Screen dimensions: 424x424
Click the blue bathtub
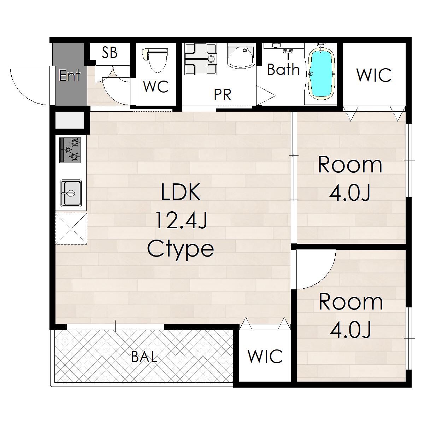click(x=322, y=73)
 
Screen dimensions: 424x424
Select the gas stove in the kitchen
click(x=70, y=150)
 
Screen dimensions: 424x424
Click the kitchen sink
click(x=71, y=193)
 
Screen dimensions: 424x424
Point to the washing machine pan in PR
click(x=200, y=59)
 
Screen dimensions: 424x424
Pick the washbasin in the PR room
click(x=241, y=56)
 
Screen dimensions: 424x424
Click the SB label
click(x=110, y=53)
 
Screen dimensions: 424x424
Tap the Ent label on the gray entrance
click(x=70, y=75)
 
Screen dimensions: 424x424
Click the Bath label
click(x=284, y=69)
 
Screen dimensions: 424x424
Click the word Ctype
click(x=181, y=250)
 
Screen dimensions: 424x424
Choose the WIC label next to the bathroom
click(x=374, y=75)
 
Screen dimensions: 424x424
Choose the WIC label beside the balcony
click(x=265, y=356)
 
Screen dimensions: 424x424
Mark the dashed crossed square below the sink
click(x=71, y=228)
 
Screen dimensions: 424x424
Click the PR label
click(x=223, y=95)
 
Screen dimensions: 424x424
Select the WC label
click(x=156, y=87)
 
